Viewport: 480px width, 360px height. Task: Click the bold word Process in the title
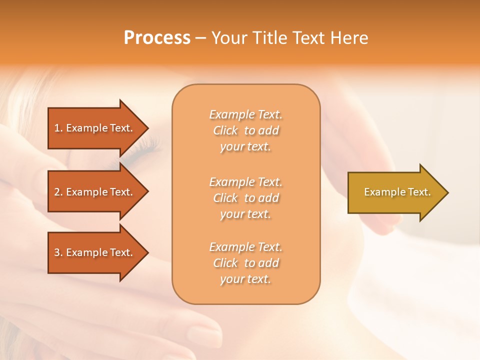point(157,38)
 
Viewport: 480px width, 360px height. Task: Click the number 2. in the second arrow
point(58,192)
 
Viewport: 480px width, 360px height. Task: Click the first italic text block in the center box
point(245,130)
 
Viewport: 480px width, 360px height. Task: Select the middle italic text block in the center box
point(245,198)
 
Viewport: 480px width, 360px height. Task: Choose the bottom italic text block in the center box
point(245,263)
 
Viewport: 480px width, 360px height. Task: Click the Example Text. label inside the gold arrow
point(397,192)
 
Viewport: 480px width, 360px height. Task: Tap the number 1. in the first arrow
point(58,128)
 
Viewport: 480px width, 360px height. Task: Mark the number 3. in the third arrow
point(58,252)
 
